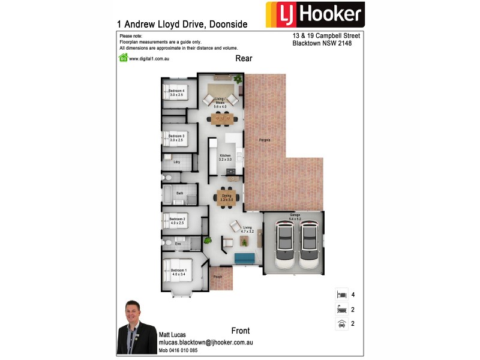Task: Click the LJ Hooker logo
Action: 314,15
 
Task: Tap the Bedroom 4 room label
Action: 176,92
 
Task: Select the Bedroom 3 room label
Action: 176,138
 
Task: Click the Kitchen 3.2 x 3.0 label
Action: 224,158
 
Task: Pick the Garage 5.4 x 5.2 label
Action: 295,217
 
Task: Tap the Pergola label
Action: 265,140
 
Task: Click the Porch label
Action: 218,276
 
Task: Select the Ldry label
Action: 176,162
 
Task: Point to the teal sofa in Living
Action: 245,259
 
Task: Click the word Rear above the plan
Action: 244,58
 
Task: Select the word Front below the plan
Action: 240,331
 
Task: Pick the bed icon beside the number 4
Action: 341,295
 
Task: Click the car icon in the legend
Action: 341,323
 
